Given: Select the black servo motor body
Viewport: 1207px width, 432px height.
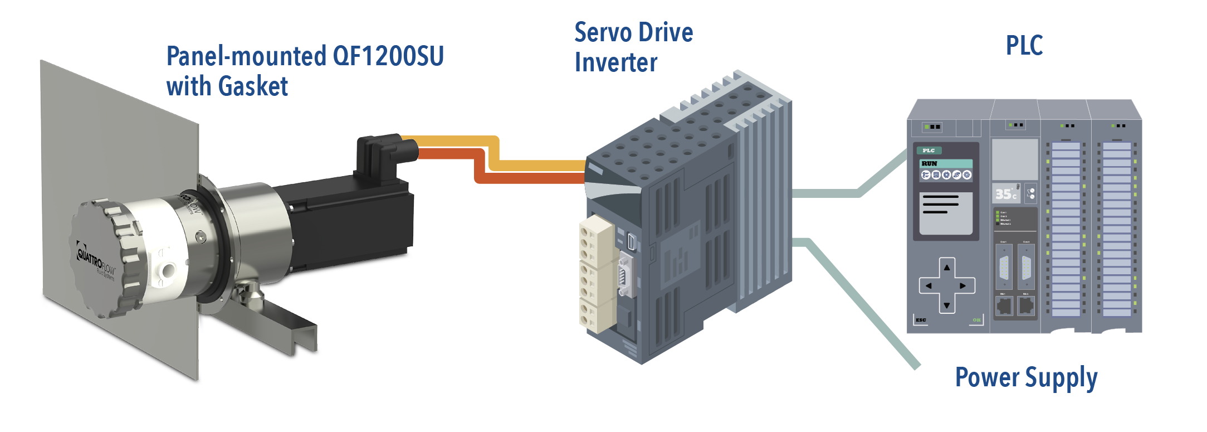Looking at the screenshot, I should pos(351,223).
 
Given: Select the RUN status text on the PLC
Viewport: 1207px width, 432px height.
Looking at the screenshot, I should pos(930,163).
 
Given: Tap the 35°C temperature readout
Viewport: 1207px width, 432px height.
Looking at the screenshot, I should pos(1006,194).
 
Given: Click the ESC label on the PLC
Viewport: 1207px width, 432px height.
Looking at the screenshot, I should pos(921,320).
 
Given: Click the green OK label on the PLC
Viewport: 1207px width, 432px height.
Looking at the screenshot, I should pos(976,320).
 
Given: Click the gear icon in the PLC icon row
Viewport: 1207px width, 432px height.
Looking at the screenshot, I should pos(967,175).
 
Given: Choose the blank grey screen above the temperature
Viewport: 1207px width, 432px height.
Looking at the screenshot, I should pos(1015,159).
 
